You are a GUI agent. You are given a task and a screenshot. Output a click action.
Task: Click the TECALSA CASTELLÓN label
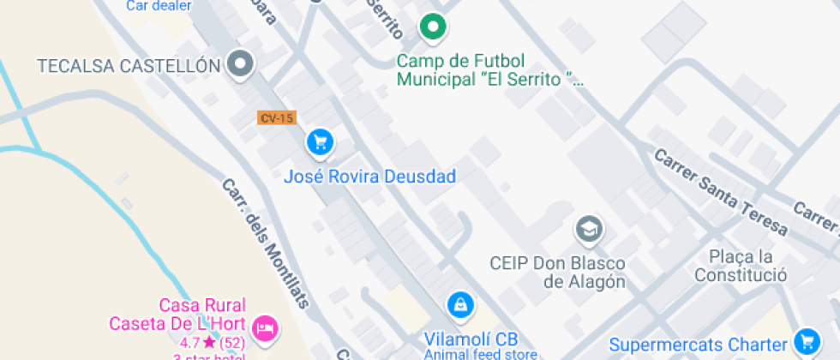[x=123, y=65]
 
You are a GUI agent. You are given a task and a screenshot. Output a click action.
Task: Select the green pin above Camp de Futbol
[x=434, y=27]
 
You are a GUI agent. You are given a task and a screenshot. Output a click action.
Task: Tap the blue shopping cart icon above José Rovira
[x=321, y=142]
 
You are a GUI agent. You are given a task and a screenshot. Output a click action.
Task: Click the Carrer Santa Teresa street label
[x=720, y=193]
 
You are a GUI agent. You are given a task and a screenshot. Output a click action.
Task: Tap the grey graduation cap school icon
[x=589, y=229]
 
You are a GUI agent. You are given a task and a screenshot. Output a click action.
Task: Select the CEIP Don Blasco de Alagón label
[x=557, y=272]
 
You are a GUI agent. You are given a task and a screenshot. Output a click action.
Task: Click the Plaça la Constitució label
[x=741, y=266]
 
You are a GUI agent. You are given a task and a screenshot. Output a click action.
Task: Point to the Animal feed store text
[x=480, y=354]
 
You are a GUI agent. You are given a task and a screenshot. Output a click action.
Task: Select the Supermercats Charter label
[x=699, y=345]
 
